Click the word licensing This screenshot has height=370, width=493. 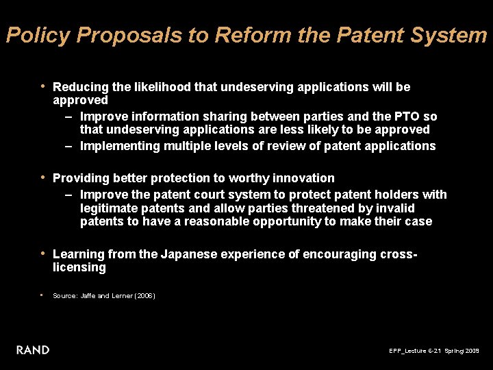[x=79, y=267]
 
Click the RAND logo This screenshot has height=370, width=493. [x=33, y=350]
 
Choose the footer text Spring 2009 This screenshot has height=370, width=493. [x=462, y=351]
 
